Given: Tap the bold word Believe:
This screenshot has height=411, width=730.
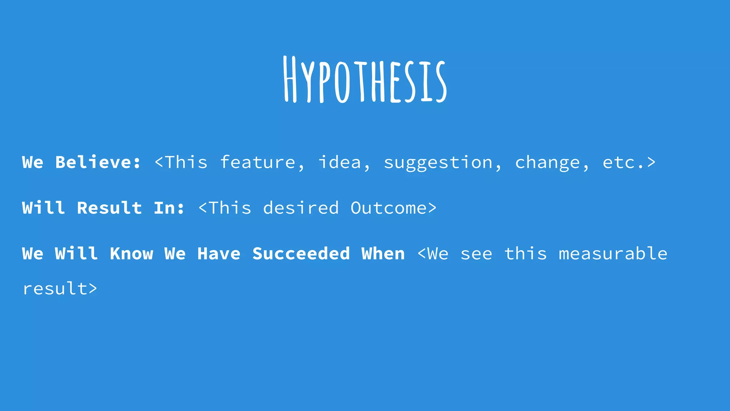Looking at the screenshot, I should tap(98, 162).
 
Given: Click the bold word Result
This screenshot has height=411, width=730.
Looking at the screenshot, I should tap(109, 208).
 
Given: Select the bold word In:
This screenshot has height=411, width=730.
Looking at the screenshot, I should tap(169, 208).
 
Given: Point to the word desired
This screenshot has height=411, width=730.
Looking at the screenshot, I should tap(301, 208).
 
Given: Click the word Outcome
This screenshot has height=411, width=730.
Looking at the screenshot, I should tap(389, 208).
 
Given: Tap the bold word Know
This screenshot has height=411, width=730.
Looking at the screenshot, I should tap(132, 254).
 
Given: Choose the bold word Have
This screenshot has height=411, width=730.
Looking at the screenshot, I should tap(219, 254).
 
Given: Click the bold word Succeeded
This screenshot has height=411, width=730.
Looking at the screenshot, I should tap(301, 254).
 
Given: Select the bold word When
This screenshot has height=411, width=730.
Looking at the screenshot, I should tap(383, 254).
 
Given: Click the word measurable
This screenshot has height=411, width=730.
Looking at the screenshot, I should tap(613, 254).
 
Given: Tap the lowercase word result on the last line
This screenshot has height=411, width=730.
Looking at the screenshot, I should tap(55, 288).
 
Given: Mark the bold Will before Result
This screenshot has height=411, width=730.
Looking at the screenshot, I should tap(43, 208).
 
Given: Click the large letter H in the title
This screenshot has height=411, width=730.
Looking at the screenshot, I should tap(290, 79).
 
